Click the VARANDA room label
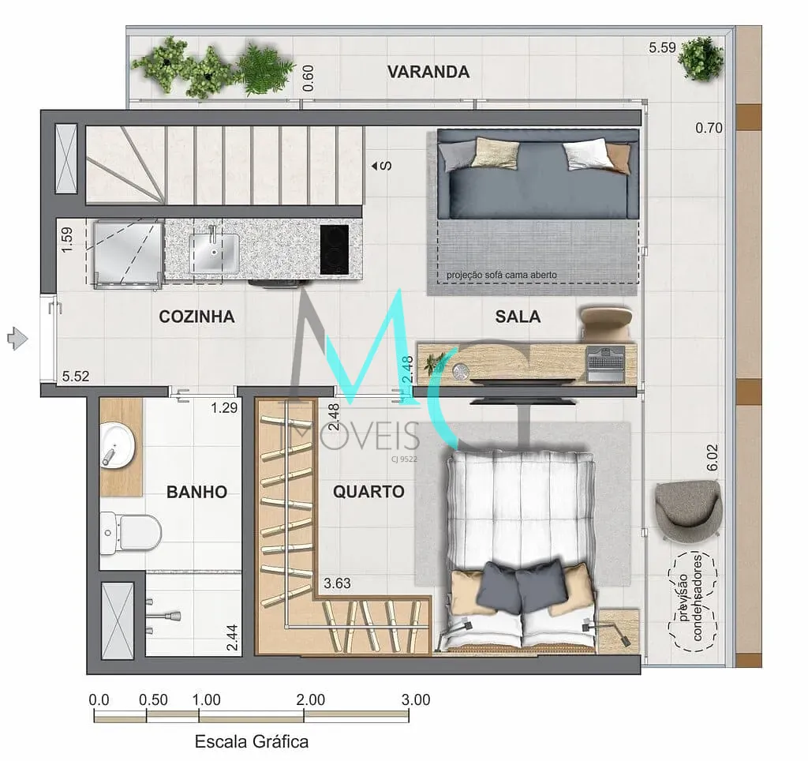[428, 72]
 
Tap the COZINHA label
[196, 317]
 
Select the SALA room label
[518, 317]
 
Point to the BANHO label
[196, 492]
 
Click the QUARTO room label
[368, 491]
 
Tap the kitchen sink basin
[214, 253]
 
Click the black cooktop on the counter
[334, 249]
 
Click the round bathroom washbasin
[118, 445]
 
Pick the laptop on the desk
[605, 363]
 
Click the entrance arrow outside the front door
[17, 339]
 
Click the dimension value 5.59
[662, 48]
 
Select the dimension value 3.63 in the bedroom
[337, 583]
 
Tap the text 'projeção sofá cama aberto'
[501, 275]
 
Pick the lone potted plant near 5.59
[701, 58]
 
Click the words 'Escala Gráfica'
[252, 742]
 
